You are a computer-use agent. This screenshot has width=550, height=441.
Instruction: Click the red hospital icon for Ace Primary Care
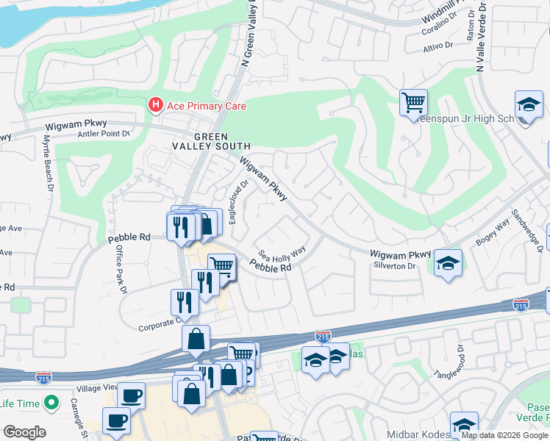pyautogui.click(x=155, y=106)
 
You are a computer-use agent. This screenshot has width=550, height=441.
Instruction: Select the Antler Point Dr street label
pyautogui.click(x=103, y=134)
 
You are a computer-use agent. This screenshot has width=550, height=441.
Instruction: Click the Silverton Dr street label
pyautogui.click(x=394, y=265)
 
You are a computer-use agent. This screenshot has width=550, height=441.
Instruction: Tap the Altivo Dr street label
pyautogui.click(x=438, y=46)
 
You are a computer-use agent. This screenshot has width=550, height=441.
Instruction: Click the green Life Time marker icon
pyautogui.click(x=51, y=403)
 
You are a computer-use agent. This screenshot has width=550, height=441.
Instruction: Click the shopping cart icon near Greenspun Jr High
pyautogui.click(x=413, y=101)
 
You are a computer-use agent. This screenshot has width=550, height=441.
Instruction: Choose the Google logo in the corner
pyautogui.click(x=24, y=431)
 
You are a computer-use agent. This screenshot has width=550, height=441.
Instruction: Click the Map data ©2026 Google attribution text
pyautogui.click(x=504, y=435)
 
